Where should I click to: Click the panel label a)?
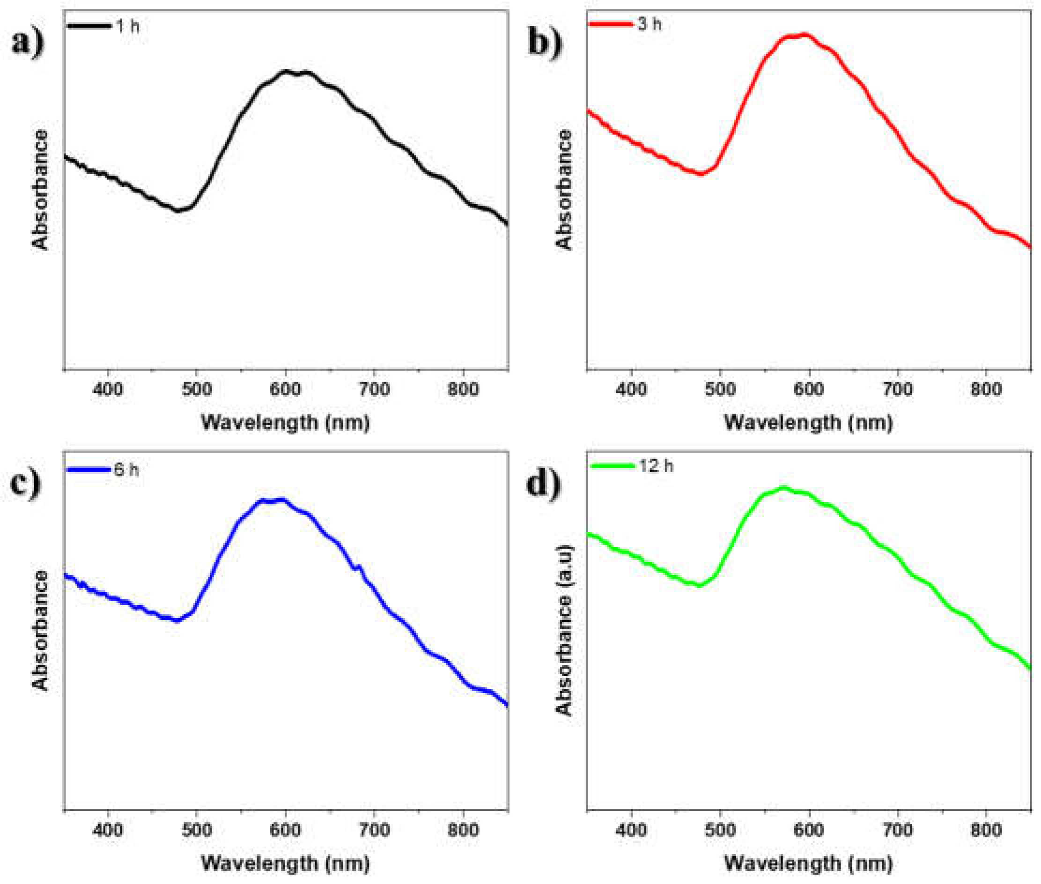coord(28,43)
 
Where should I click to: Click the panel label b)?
coord(545,43)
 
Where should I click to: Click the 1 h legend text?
coord(128,26)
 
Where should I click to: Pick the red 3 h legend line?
coord(611,23)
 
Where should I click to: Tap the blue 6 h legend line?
coord(88,470)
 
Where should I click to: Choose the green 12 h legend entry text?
coord(656,466)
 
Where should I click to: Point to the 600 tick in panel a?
coord(285,389)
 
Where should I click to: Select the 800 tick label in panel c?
coord(463,830)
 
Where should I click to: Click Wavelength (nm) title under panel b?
coord(808,422)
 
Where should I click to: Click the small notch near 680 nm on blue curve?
coord(357,568)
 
